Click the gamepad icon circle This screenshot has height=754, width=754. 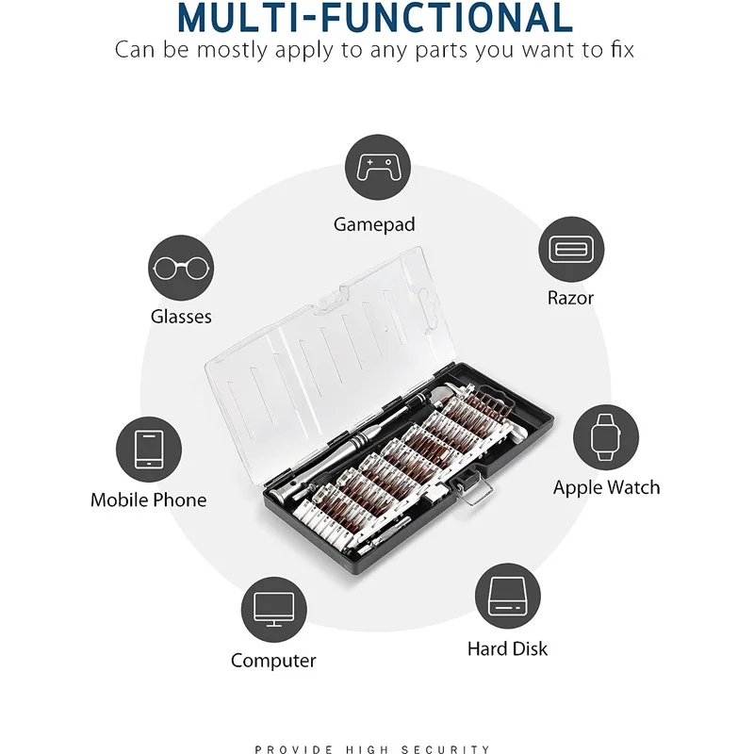click(378, 168)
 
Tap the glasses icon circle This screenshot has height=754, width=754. click(181, 268)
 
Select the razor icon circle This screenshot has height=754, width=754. click(571, 249)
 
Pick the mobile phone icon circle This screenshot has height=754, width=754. click(149, 450)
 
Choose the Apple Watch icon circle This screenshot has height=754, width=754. click(606, 437)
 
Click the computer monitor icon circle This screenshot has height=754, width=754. click(273, 609)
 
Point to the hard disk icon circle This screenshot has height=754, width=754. click(507, 597)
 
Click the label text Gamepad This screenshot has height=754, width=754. click(374, 225)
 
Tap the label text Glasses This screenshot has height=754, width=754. click(181, 317)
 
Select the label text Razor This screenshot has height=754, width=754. click(570, 298)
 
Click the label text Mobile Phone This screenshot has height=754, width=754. click(149, 500)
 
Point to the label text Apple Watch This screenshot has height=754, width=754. click(606, 487)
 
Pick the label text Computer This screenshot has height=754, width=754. click(273, 661)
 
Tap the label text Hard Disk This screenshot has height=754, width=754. click(507, 648)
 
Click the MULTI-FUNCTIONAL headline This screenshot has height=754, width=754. click(375, 18)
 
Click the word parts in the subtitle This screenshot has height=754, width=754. click(441, 51)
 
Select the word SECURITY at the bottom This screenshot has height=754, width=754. click(446, 749)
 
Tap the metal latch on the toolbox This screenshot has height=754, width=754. click(473, 488)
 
